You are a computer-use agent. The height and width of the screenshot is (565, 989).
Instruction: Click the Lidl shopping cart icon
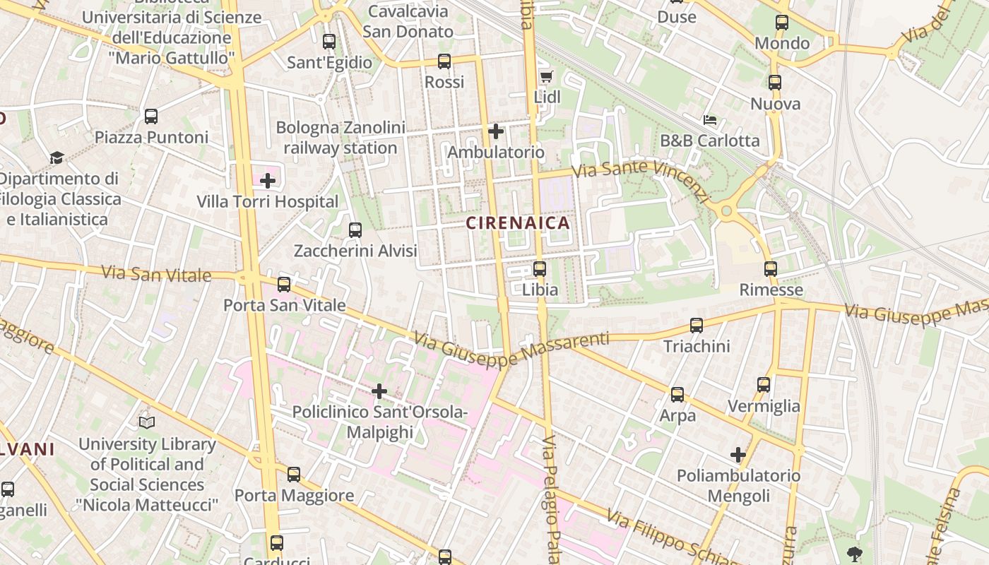545,76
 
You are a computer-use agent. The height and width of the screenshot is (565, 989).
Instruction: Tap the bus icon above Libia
540,269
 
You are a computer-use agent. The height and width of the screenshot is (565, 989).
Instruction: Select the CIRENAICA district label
518,223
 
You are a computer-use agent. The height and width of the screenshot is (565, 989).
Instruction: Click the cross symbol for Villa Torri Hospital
268,181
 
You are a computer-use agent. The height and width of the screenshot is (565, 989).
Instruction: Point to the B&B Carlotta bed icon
710,120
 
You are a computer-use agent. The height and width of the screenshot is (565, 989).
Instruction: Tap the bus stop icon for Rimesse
771,269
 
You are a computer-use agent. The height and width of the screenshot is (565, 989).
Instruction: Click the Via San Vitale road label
156,273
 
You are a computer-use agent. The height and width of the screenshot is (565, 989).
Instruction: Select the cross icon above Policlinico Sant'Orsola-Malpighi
379,391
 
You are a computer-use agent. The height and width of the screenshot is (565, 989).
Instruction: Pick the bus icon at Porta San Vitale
284,285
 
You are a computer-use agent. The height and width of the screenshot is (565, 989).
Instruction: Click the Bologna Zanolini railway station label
340,138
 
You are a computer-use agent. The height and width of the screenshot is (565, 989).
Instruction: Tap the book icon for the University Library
147,422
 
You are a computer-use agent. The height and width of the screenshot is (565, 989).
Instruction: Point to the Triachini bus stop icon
697,326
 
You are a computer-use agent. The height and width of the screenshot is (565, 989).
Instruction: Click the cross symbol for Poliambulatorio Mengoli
738,455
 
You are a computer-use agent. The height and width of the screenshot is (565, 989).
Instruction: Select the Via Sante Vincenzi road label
640,179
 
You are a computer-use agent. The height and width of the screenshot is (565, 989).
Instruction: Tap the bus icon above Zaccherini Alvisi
355,230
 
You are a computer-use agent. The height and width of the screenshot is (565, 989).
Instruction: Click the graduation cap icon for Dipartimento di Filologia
57,157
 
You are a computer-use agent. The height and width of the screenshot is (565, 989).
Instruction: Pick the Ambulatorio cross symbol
496,131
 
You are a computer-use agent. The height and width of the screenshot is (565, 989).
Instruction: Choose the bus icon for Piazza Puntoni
151,117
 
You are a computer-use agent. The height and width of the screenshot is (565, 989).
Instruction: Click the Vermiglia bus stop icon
764,385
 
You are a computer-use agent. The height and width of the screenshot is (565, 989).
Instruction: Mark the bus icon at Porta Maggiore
294,475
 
